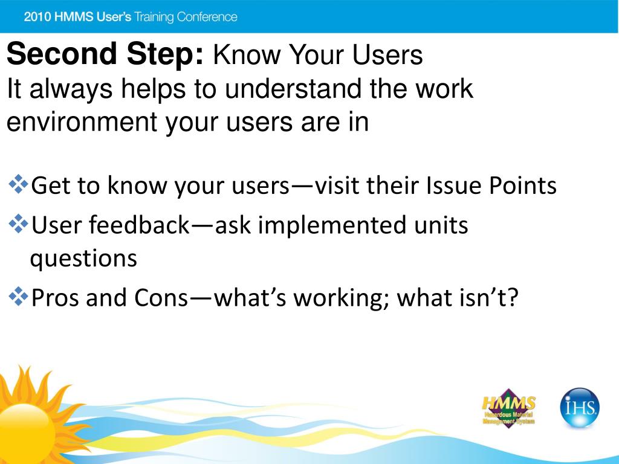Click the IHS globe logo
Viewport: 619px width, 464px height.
click(x=580, y=408)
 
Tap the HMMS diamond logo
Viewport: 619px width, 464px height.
click(x=508, y=408)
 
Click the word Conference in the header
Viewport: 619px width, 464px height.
click(x=207, y=17)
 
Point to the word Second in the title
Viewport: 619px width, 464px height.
click(x=62, y=54)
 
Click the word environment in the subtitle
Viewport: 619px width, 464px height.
click(x=82, y=122)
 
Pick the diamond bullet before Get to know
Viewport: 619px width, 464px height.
click(x=18, y=184)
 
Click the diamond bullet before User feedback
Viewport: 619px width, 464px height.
click(x=18, y=224)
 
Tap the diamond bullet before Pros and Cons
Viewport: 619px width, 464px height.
click(x=18, y=297)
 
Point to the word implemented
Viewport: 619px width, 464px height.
click(x=332, y=225)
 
